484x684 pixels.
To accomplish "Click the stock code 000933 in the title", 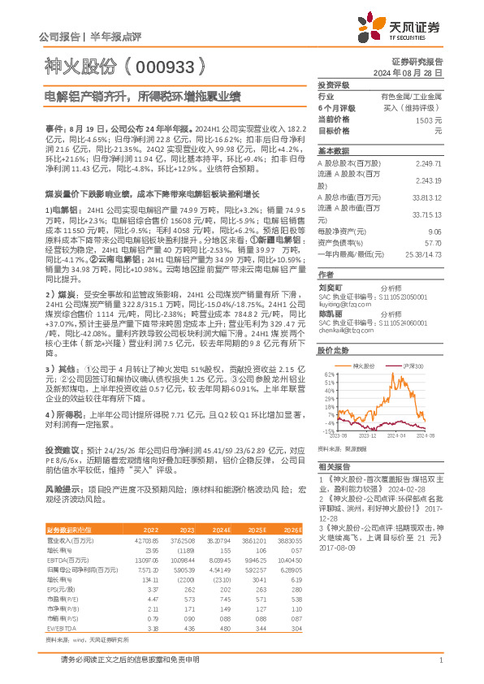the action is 162,67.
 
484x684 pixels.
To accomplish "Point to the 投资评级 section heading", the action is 333,84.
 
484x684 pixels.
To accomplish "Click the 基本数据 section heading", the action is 333,151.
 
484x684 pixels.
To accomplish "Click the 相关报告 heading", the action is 333,467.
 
